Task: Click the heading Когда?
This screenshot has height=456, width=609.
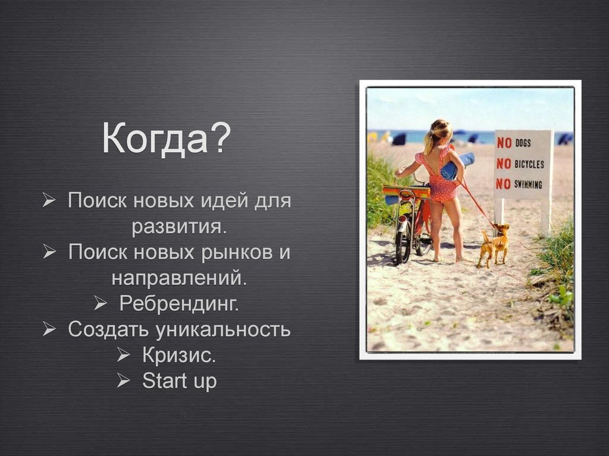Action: click(166, 139)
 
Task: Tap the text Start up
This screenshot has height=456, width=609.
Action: click(179, 380)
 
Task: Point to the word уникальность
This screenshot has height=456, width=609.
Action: click(223, 329)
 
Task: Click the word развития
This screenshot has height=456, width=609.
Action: click(179, 227)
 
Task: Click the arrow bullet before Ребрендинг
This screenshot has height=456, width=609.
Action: click(100, 304)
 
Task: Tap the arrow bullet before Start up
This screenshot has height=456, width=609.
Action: click(123, 380)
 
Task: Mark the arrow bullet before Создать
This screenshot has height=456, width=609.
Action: click(49, 329)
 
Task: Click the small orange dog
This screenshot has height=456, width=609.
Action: click(495, 244)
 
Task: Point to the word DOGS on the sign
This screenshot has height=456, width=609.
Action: click(523, 143)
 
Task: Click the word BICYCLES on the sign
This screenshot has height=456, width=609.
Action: click(529, 163)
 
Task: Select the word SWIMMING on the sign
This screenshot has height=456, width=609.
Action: click(529, 184)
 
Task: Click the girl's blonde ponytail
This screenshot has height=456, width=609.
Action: click(429, 139)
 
